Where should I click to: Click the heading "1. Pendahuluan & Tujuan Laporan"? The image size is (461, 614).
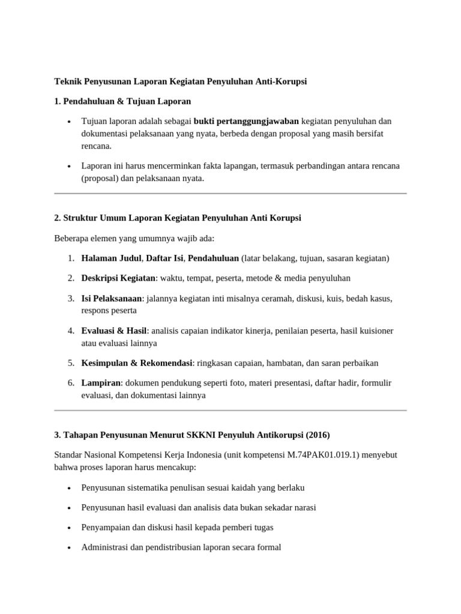122,101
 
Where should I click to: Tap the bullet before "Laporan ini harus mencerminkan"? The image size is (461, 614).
70,165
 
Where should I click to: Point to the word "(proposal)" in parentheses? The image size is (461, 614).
100,178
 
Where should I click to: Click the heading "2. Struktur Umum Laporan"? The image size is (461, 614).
178,218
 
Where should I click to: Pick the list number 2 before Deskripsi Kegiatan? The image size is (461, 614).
71,278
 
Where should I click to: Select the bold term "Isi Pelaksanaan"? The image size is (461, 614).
112,298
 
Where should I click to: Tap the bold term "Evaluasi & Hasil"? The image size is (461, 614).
114,330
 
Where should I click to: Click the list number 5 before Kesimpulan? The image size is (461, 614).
71,363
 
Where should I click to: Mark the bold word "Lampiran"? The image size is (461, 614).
101,383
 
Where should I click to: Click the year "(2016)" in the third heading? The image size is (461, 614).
318,435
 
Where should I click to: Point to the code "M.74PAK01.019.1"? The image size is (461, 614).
320,455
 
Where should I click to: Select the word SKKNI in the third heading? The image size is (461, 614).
202,435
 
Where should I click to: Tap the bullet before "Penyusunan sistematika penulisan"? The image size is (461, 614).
70,488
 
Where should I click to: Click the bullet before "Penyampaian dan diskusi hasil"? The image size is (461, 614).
70,528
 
